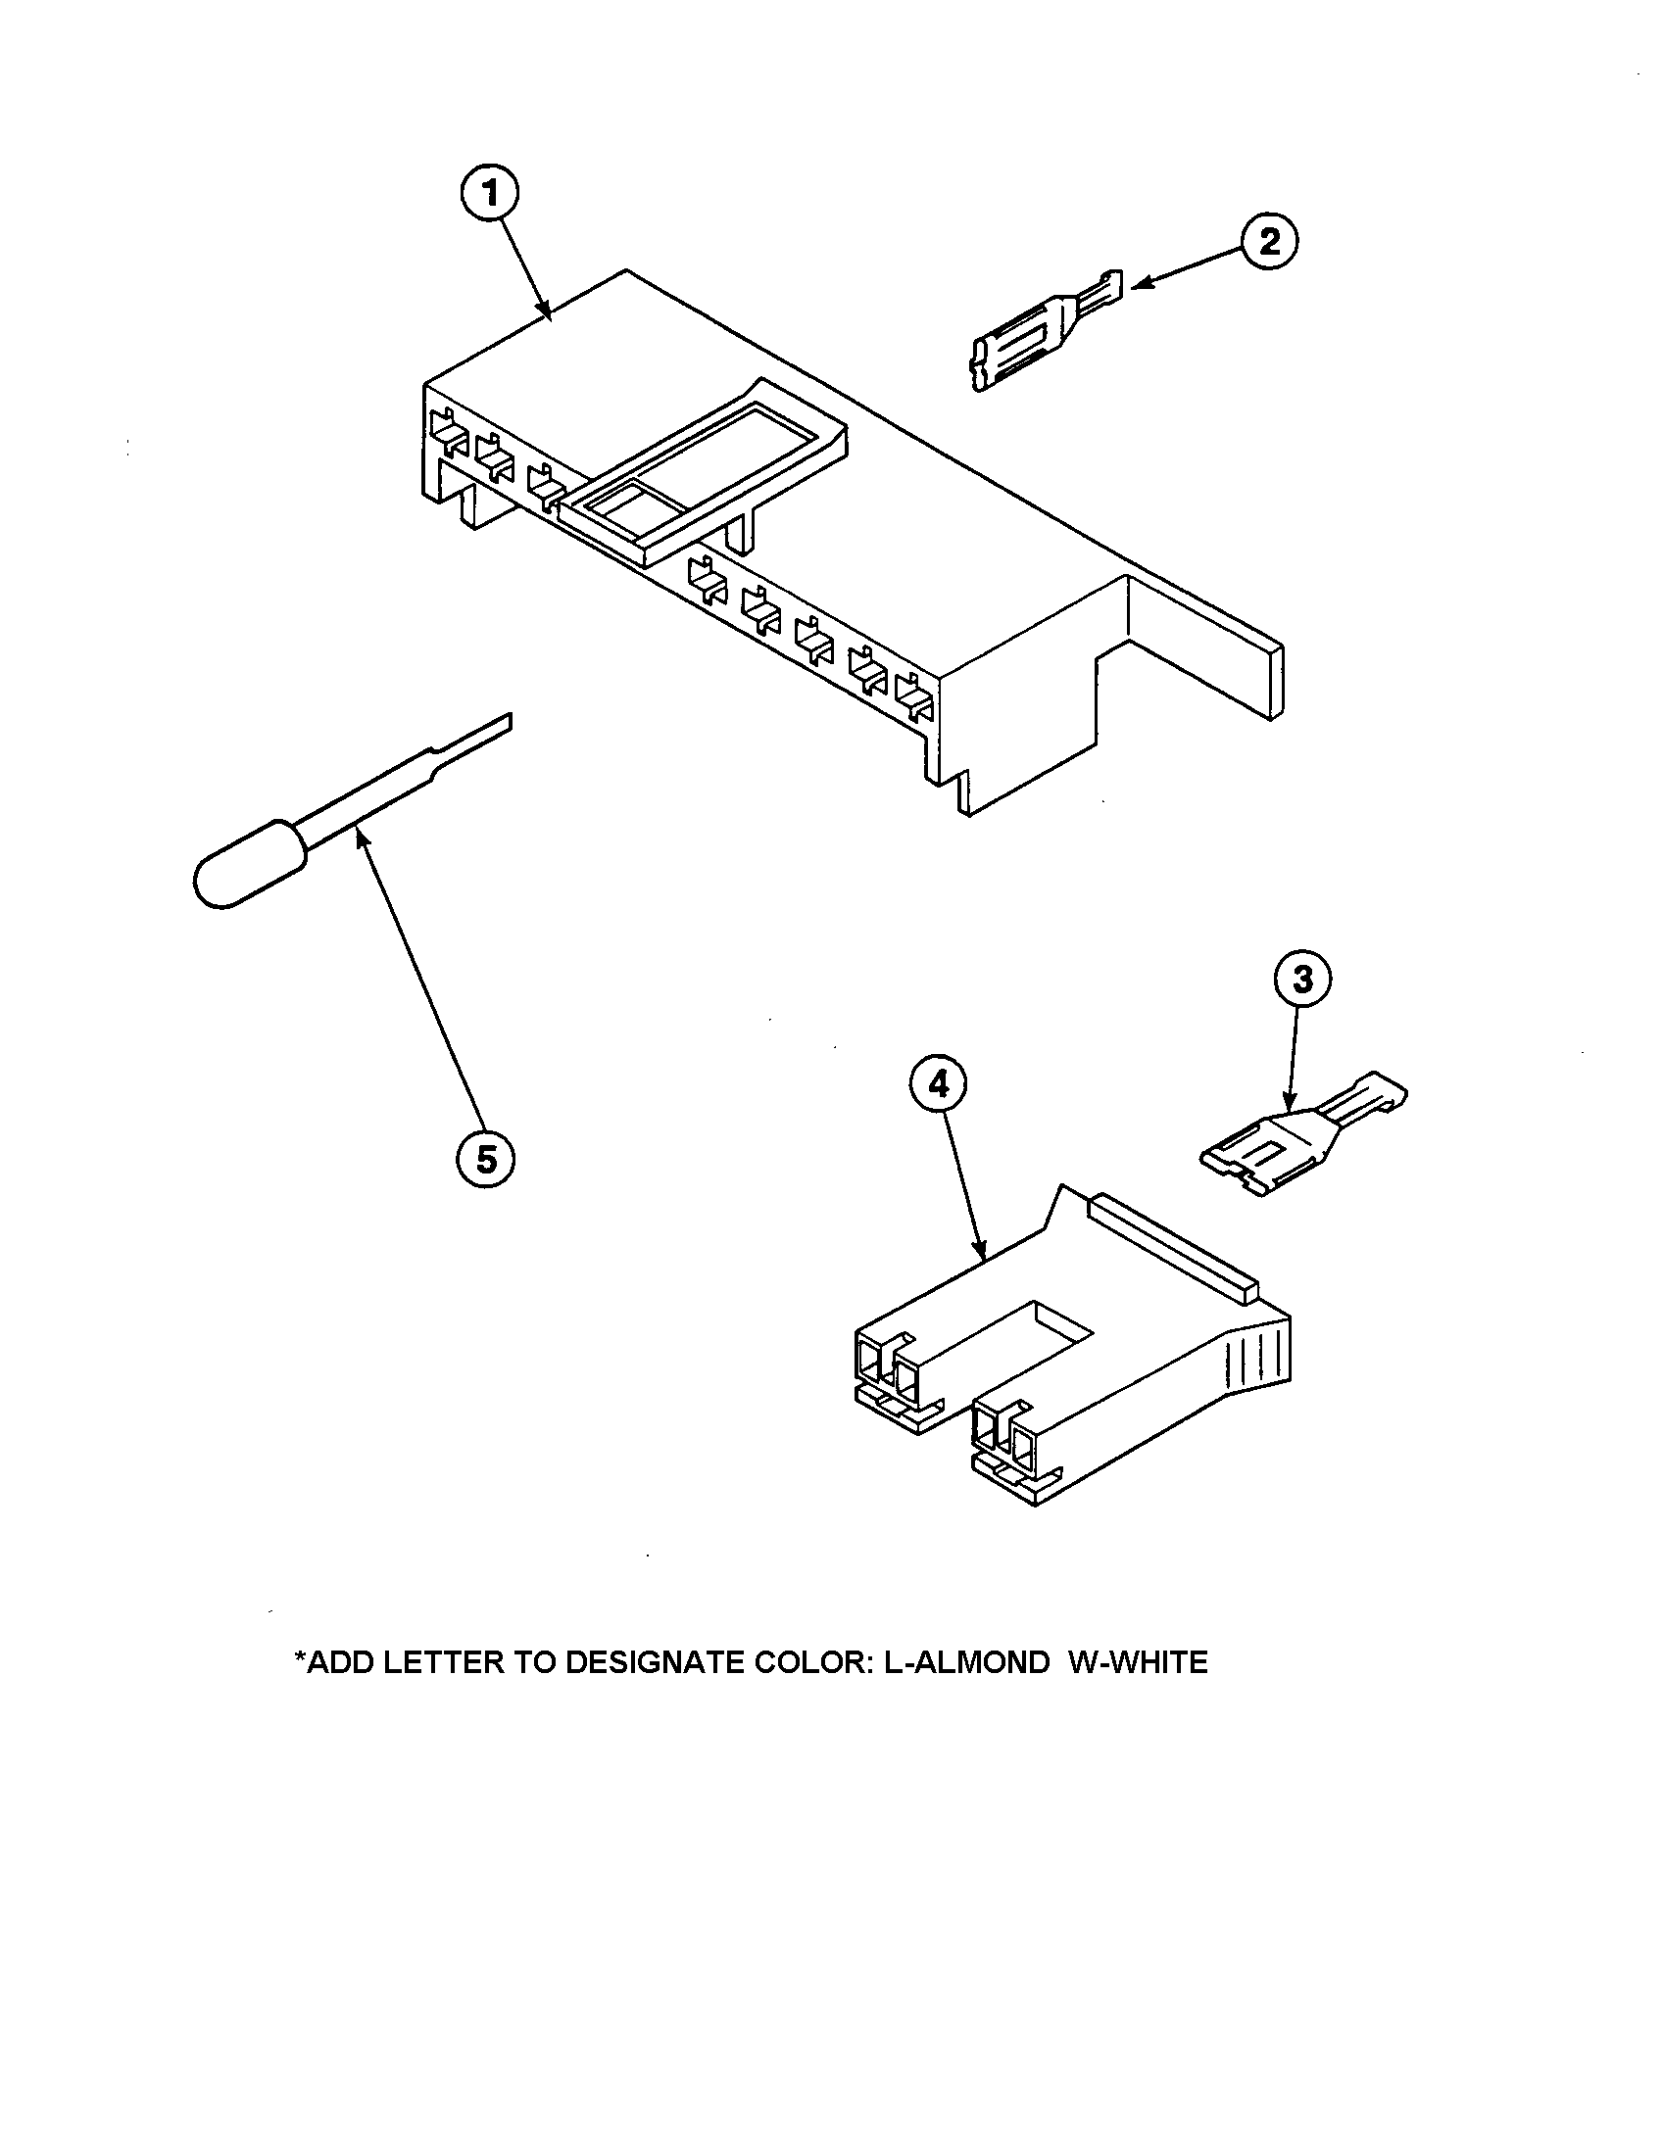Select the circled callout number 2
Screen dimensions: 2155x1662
(x=1269, y=241)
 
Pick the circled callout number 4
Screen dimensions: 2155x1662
(x=938, y=1084)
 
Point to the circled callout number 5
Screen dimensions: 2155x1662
(x=486, y=1161)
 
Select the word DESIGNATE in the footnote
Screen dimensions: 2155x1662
(x=655, y=1662)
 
